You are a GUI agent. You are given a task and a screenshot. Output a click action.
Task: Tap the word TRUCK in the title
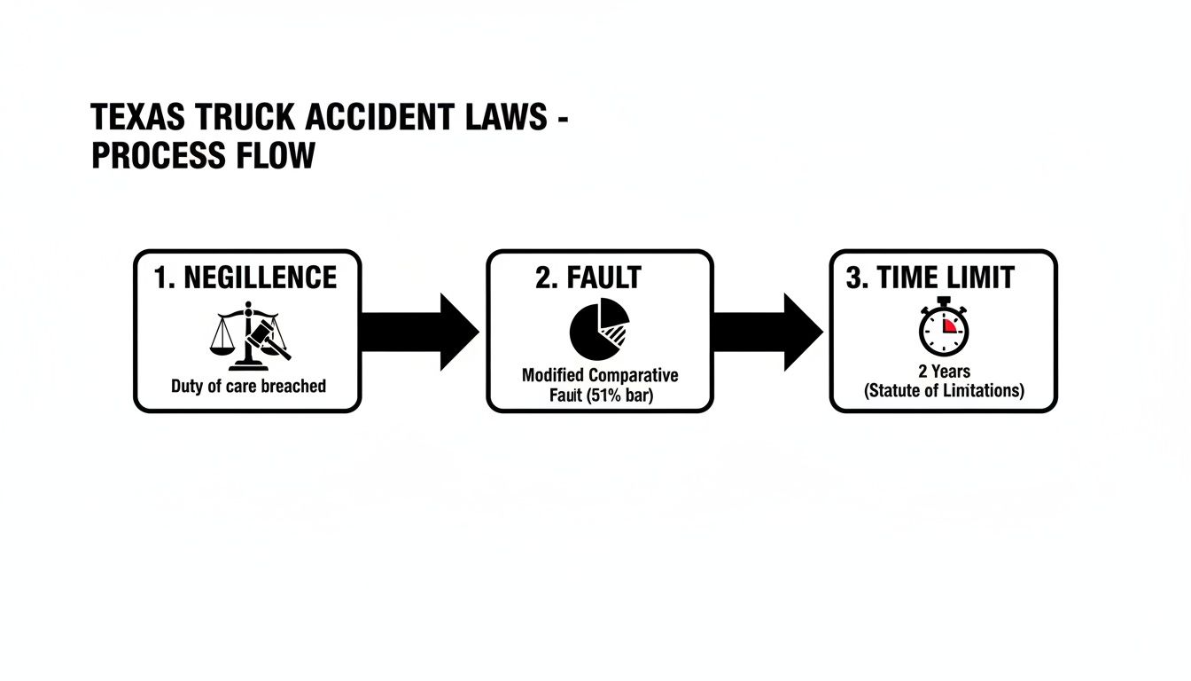(x=242, y=118)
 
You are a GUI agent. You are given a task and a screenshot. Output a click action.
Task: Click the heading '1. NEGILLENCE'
(x=245, y=278)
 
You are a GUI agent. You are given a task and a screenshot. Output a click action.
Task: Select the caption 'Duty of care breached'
(x=248, y=386)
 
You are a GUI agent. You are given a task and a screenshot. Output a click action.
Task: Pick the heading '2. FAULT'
(x=588, y=278)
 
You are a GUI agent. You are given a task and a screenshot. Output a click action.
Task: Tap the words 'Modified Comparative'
(x=600, y=375)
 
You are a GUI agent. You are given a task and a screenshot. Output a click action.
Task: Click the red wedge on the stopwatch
(x=950, y=325)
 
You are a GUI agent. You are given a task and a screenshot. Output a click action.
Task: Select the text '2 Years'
(x=944, y=372)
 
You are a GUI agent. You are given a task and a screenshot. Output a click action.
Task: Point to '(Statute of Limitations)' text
(x=944, y=390)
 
